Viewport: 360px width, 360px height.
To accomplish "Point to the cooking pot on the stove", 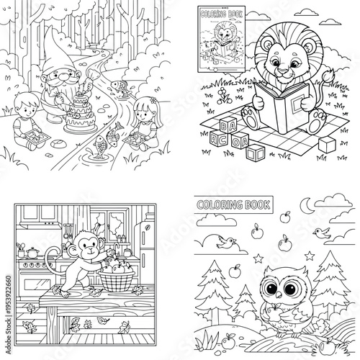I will tap(32, 252).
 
